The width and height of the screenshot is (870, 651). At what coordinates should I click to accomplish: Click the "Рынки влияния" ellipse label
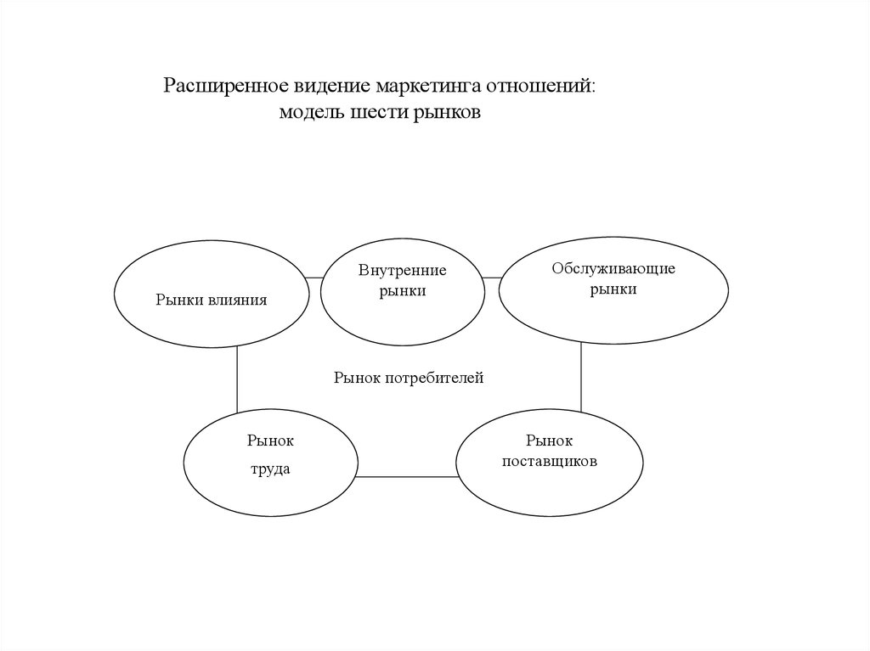point(212,299)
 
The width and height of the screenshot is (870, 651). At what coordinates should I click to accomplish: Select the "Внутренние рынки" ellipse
point(402,289)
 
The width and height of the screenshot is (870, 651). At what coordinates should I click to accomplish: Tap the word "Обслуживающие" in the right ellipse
point(613,269)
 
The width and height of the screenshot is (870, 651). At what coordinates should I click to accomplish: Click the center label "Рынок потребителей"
point(408,378)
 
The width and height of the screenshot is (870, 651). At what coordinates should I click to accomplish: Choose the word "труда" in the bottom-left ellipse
point(269,469)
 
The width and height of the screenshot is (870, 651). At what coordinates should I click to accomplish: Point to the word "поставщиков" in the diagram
point(550,462)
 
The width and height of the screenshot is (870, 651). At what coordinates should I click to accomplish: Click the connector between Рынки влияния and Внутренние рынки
point(314,278)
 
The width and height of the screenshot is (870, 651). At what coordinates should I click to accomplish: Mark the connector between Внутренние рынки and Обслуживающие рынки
point(492,278)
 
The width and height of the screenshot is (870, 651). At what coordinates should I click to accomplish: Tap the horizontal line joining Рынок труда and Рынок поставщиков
point(406,476)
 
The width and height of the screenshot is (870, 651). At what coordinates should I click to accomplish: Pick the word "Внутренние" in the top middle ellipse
point(402,271)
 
